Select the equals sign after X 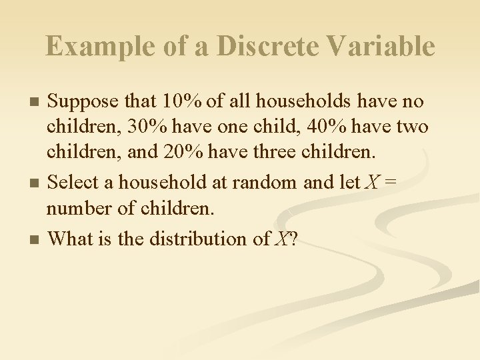tap(387, 182)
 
